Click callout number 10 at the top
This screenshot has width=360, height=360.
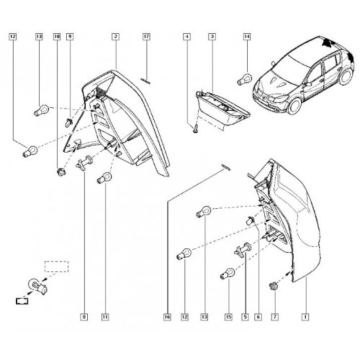click(x=56, y=37)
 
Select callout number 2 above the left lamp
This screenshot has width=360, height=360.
click(x=117, y=37)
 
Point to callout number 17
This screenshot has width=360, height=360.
click(x=146, y=37)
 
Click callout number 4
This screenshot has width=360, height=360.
click(x=187, y=37)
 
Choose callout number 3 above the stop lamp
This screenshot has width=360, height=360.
click(x=212, y=37)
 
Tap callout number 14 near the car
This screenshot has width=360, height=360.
click(x=246, y=37)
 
